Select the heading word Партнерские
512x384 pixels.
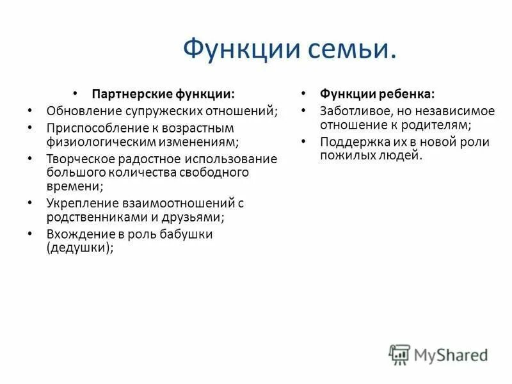coord(132,94)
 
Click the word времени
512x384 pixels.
coord(72,186)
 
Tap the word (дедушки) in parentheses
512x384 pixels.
coord(78,248)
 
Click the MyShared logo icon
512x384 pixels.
coord(399,354)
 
